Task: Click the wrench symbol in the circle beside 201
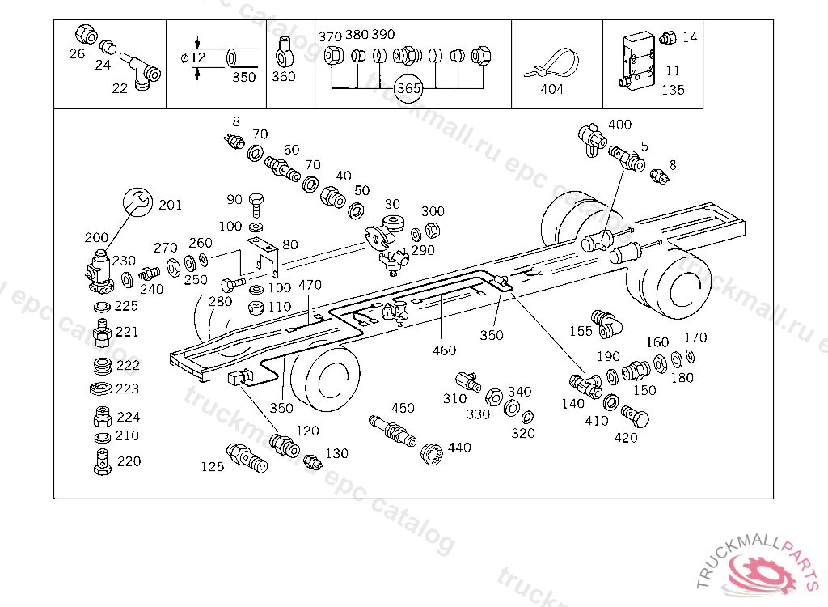click(x=137, y=202)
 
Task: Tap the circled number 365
click(x=408, y=88)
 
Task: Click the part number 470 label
click(x=310, y=285)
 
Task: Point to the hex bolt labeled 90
click(x=256, y=205)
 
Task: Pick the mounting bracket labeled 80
click(x=263, y=257)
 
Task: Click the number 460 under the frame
click(x=444, y=350)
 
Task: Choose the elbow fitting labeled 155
click(x=606, y=324)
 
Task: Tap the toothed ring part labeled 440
click(x=432, y=453)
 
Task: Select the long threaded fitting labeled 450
click(x=392, y=431)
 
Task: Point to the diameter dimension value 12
click(x=198, y=57)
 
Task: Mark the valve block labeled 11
click(x=639, y=62)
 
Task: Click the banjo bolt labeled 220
click(x=103, y=462)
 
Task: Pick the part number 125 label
click(x=213, y=466)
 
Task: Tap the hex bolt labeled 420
click(x=636, y=416)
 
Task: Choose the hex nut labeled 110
click(x=256, y=308)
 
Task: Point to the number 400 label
click(x=620, y=125)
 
